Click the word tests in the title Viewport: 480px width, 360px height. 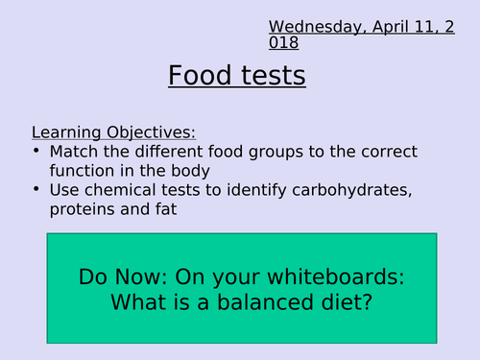273,75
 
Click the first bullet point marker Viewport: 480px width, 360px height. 36,152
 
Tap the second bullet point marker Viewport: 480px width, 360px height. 36,190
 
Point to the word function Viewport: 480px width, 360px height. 82,171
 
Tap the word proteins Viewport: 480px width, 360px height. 81,209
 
